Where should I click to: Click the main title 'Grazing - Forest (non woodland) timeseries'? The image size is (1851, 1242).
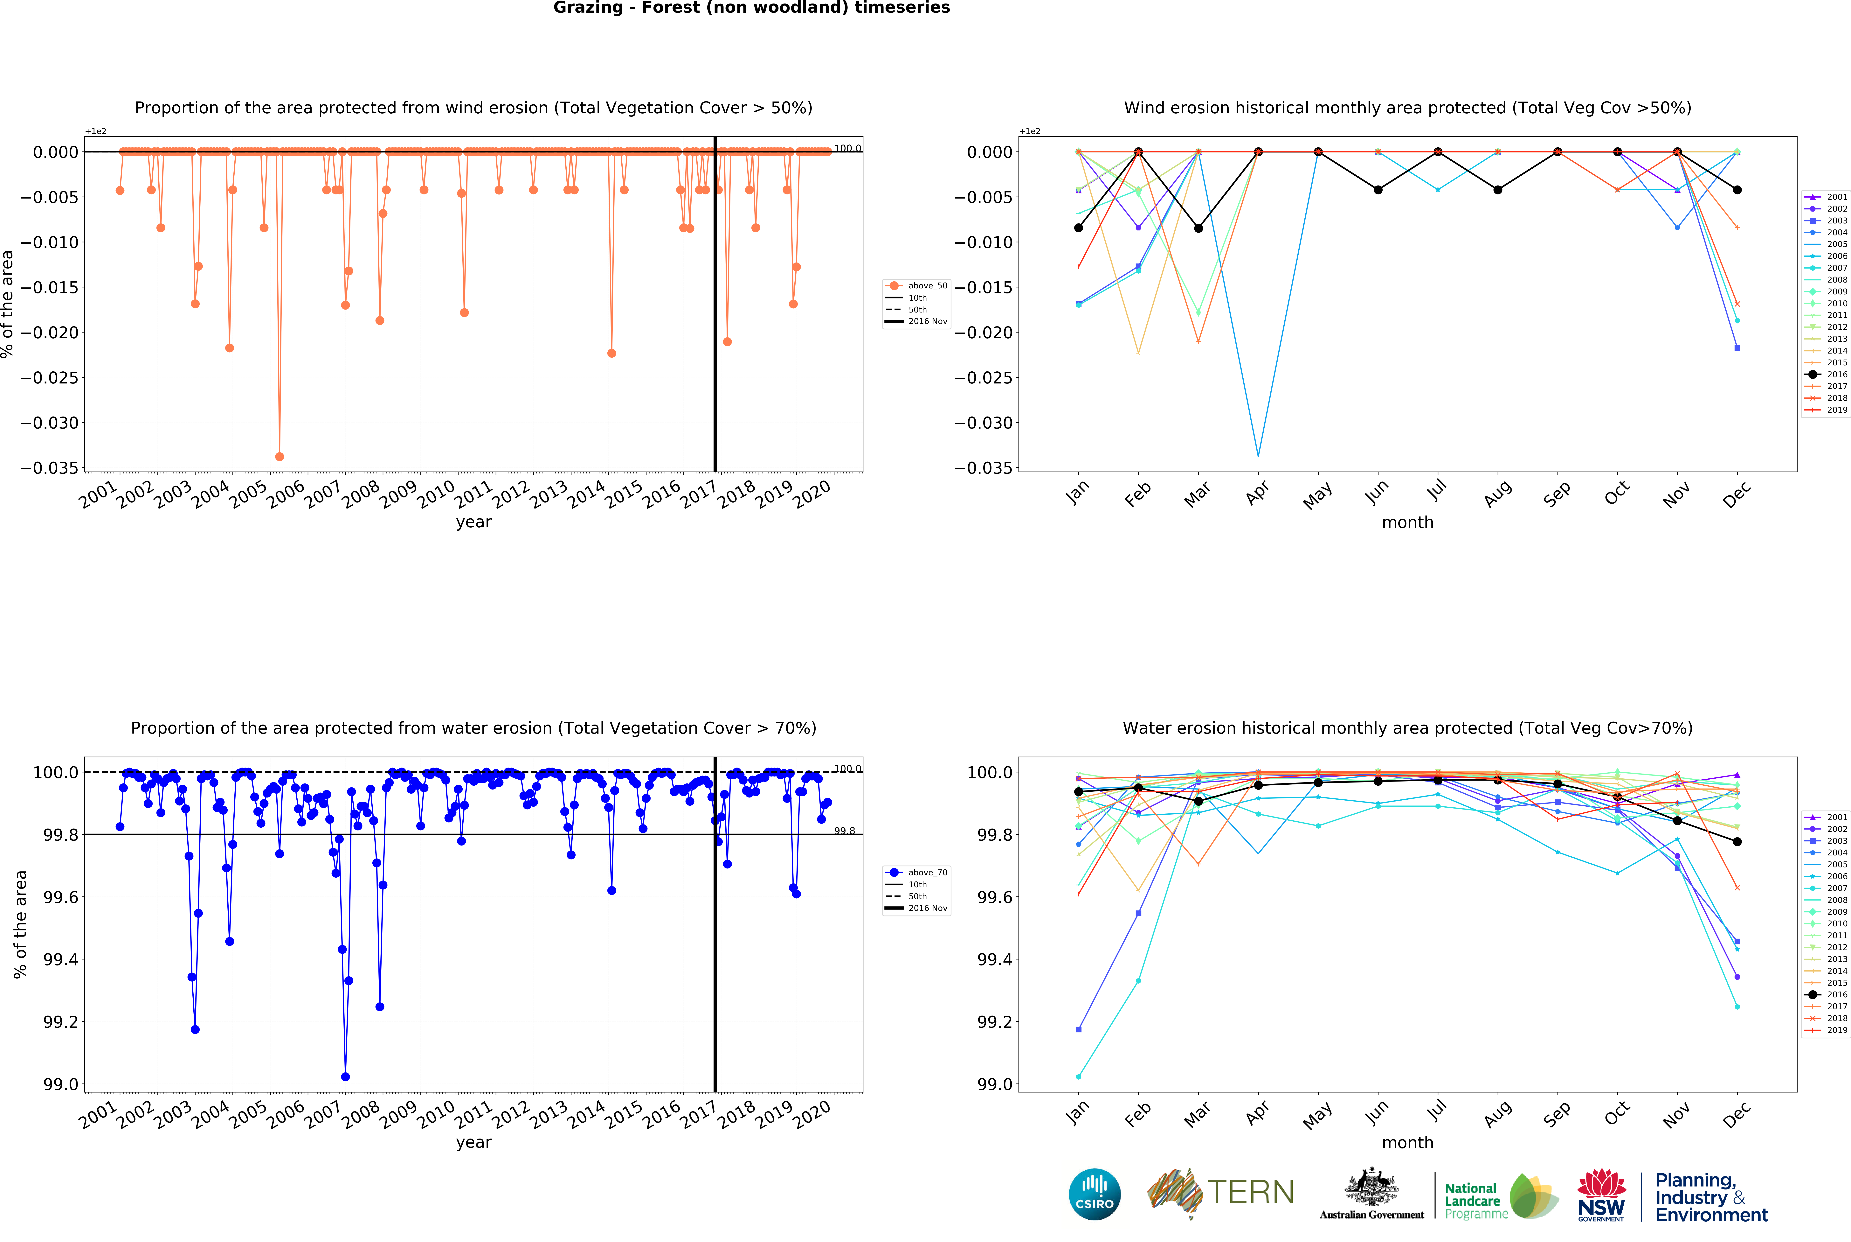(x=751, y=8)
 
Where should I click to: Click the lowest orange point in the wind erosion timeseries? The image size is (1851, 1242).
(x=280, y=456)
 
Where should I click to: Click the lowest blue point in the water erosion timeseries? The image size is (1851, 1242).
(x=345, y=1077)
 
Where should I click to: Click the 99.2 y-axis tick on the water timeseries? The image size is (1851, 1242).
(x=61, y=1022)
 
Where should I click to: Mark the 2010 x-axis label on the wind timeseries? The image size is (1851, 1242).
(x=435, y=495)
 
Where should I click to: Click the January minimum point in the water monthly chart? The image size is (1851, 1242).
(x=1078, y=1077)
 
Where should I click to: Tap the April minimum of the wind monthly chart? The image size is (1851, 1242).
(x=1258, y=455)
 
